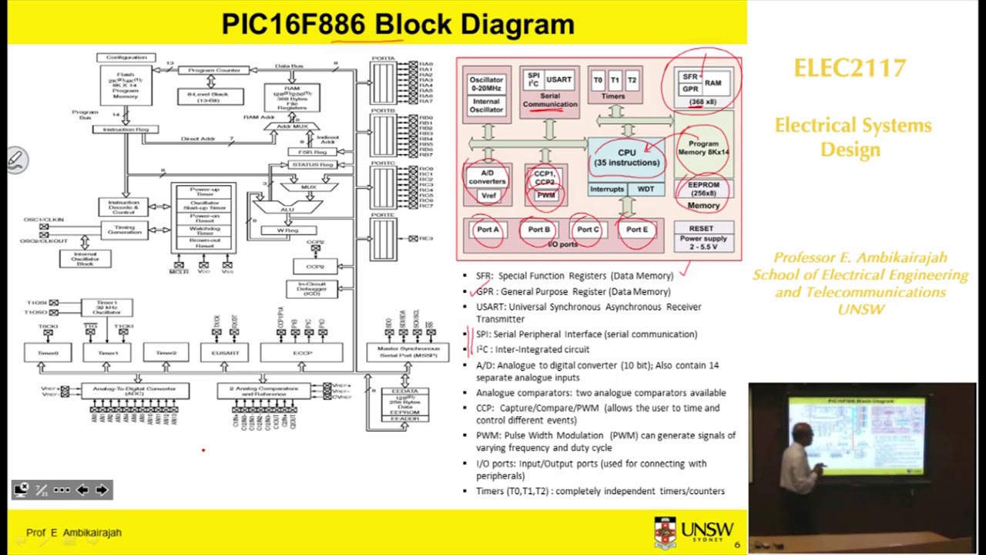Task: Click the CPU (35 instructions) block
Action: coord(626,157)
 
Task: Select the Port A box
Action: coord(488,230)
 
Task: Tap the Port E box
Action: coord(637,230)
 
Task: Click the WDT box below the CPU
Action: coord(646,189)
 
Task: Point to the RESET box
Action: coord(701,228)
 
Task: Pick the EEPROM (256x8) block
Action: coord(704,189)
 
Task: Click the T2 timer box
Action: coord(632,80)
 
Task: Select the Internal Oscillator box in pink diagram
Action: coord(486,106)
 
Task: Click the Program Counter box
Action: coord(213,70)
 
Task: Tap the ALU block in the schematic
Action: coord(287,209)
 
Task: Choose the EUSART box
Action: coord(225,352)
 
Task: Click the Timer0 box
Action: coord(47,352)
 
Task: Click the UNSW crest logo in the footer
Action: coord(665,533)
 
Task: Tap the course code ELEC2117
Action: coord(850,69)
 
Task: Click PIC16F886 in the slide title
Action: coord(293,24)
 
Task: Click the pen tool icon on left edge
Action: coord(15,160)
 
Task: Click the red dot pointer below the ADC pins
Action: coord(203,450)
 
